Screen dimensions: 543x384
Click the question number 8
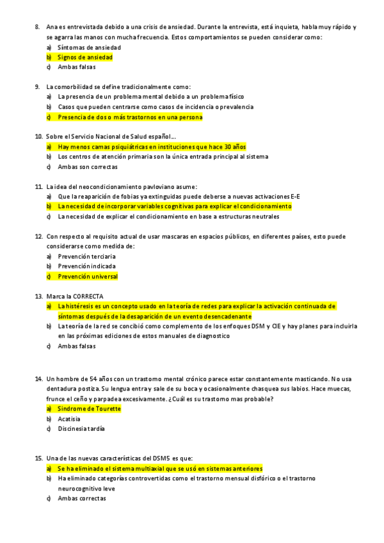click(x=38, y=27)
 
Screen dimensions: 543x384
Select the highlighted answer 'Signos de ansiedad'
click(x=84, y=57)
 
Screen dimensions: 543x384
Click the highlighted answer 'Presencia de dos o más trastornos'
click(x=129, y=117)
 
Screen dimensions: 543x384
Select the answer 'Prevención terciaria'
click(x=86, y=256)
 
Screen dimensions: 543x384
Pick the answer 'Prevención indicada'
click(x=86, y=266)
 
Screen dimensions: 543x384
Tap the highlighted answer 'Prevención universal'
click(x=88, y=277)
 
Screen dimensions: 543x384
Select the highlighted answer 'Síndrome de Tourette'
click(x=89, y=409)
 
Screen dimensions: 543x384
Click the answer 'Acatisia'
click(x=68, y=419)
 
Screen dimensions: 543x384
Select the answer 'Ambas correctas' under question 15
click(x=81, y=498)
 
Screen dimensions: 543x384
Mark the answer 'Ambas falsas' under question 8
click(x=76, y=67)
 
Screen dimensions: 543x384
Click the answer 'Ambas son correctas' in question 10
click(x=88, y=166)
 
